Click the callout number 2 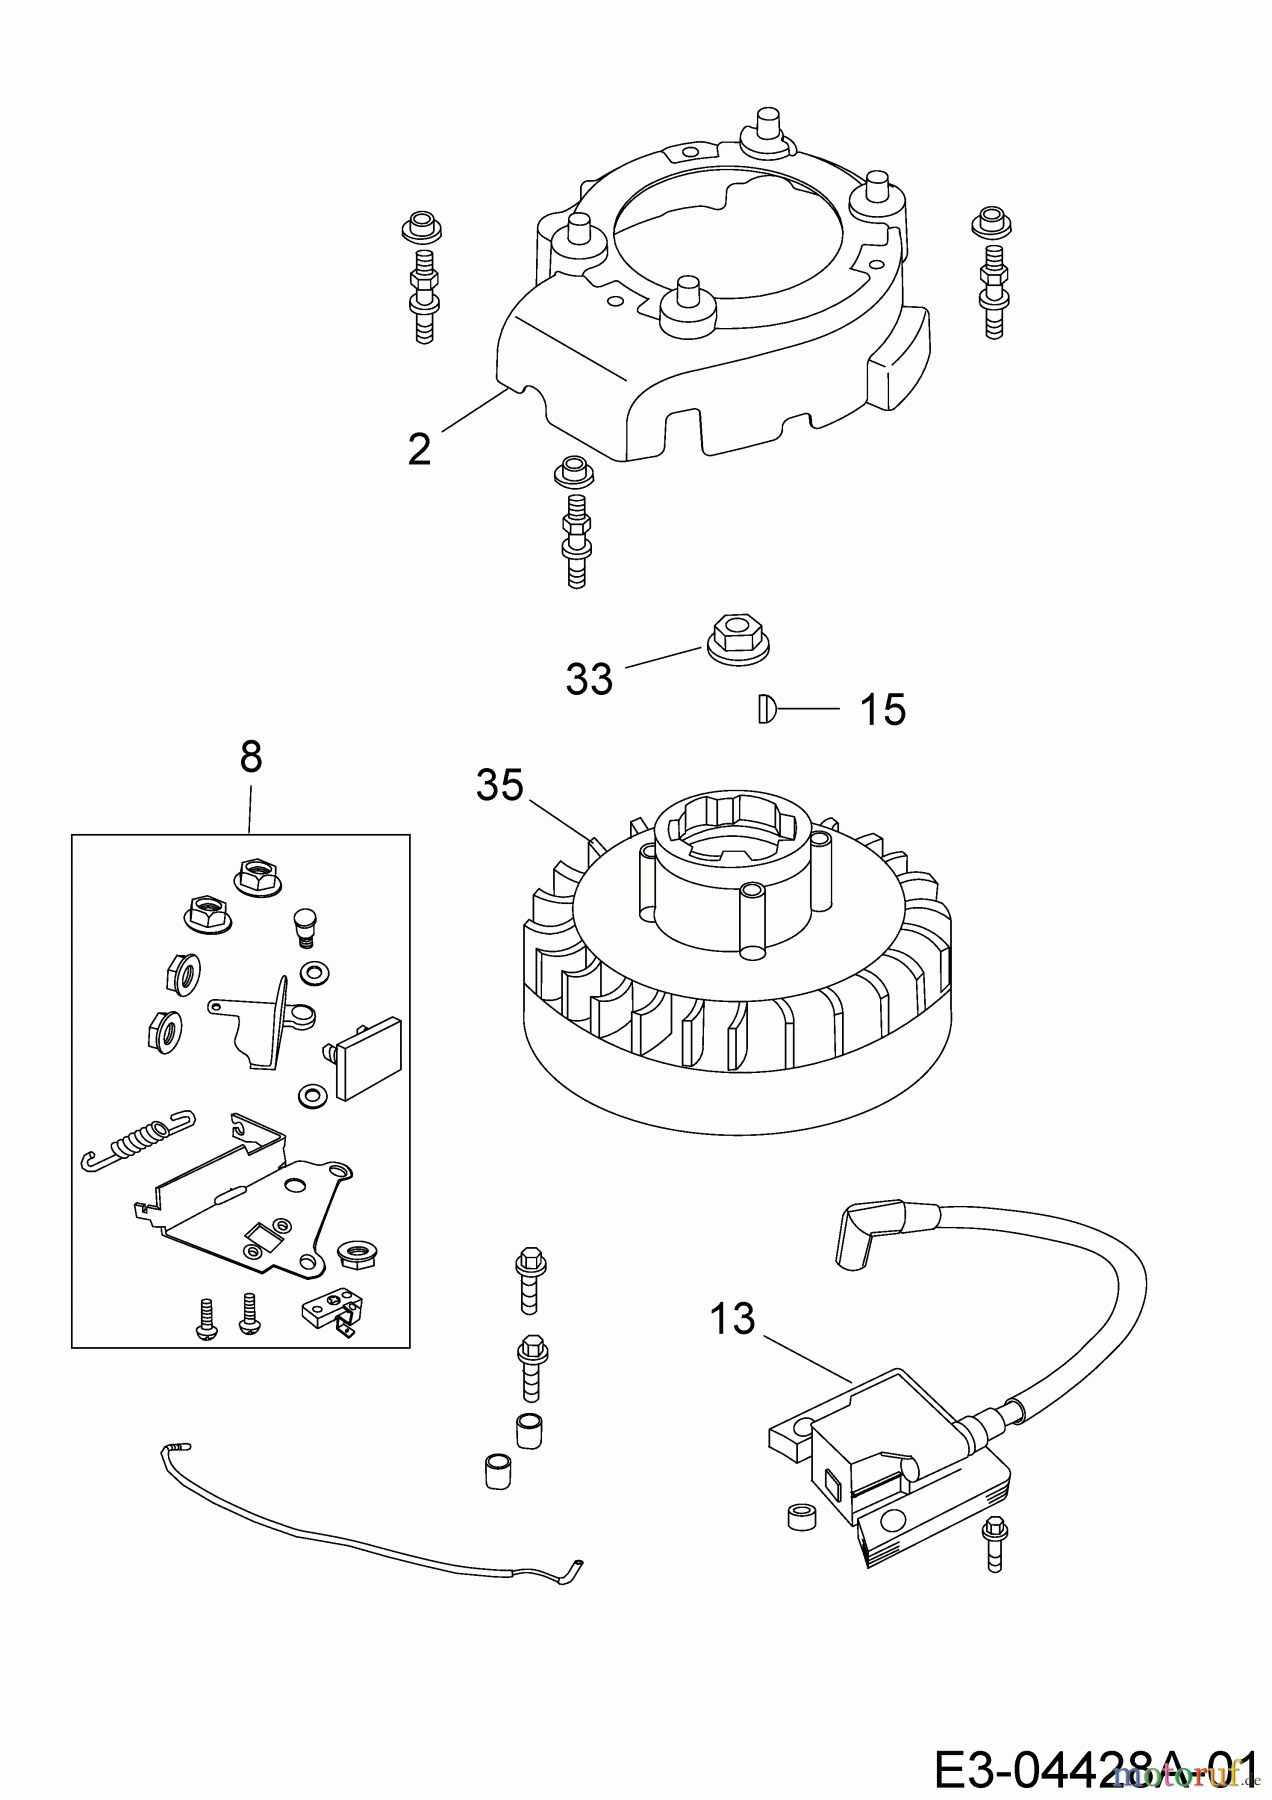(x=420, y=449)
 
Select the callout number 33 (x=589, y=680)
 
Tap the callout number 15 (x=882, y=710)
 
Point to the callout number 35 (x=499, y=785)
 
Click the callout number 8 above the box (x=251, y=757)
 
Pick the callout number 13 (x=732, y=1319)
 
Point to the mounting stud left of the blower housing (x=421, y=280)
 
